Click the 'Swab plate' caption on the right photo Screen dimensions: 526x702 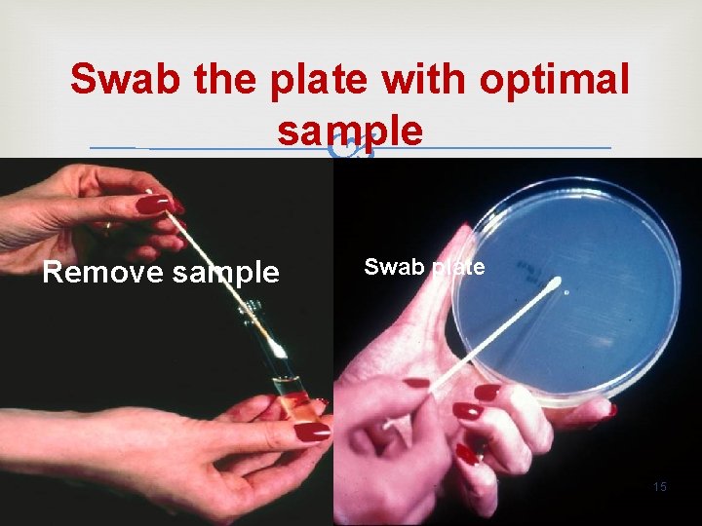click(423, 267)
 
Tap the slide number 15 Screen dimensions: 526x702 click(659, 486)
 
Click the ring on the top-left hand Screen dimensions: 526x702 click(106, 227)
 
